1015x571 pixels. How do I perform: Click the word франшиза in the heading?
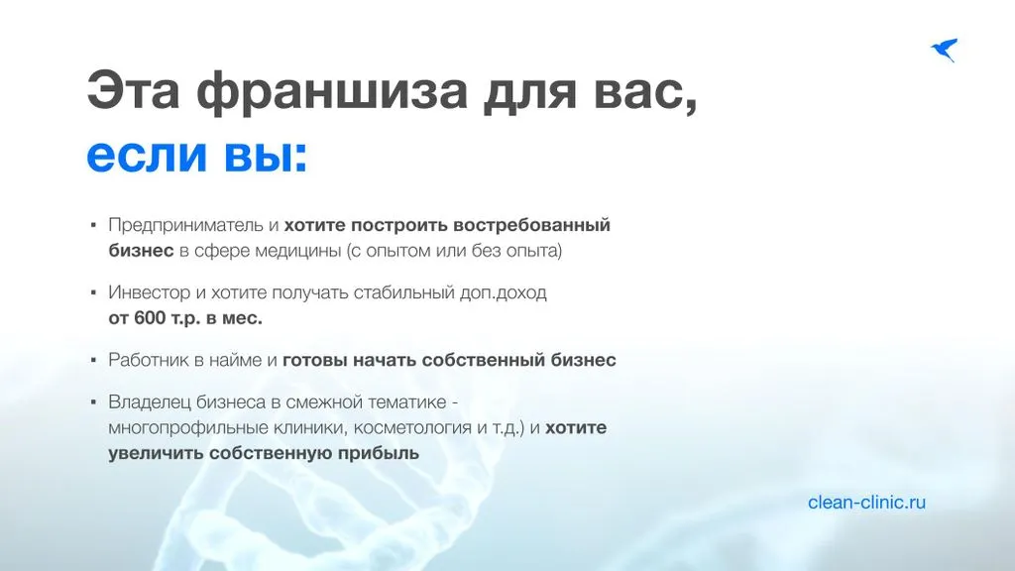point(332,91)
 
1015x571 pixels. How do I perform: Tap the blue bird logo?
point(945,50)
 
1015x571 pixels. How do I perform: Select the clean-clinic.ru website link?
point(866,503)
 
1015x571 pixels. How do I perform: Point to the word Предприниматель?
point(185,225)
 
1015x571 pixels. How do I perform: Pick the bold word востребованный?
point(531,225)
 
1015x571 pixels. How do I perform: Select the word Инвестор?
point(150,292)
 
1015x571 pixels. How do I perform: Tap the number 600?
point(151,318)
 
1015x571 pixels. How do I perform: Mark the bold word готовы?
point(315,360)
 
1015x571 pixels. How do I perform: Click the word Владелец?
point(150,402)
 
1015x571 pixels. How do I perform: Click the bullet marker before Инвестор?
point(94,292)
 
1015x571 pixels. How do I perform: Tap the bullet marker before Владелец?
point(94,402)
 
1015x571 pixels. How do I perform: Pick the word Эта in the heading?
point(134,91)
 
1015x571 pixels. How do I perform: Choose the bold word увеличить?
point(156,453)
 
